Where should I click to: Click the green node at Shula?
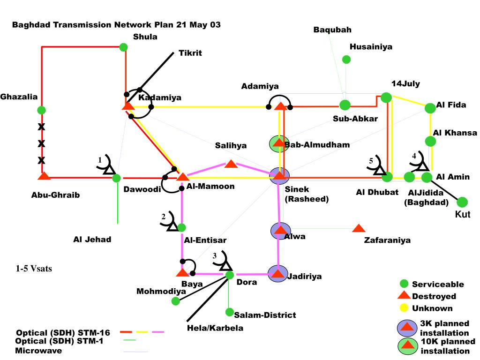[x=123, y=47]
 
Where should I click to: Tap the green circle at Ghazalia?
[x=41, y=110]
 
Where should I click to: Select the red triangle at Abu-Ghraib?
[x=44, y=177]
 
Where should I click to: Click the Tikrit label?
[x=190, y=53]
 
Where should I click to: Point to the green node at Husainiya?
[x=346, y=60]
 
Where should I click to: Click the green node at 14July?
[x=386, y=97]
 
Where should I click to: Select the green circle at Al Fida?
[x=430, y=108]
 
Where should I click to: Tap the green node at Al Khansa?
[x=430, y=141]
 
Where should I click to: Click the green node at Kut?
[x=462, y=202]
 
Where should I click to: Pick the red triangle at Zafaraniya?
[x=359, y=228]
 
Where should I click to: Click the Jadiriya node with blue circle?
[x=278, y=273]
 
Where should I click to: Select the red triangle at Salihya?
[x=231, y=164]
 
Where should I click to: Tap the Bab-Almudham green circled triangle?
[x=278, y=143]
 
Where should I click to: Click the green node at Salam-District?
[x=229, y=312]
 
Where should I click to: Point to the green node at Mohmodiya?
[x=176, y=301]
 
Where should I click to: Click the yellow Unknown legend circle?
[x=403, y=308]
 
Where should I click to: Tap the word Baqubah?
[x=332, y=30]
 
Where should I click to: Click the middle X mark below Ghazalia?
[x=41, y=143]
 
